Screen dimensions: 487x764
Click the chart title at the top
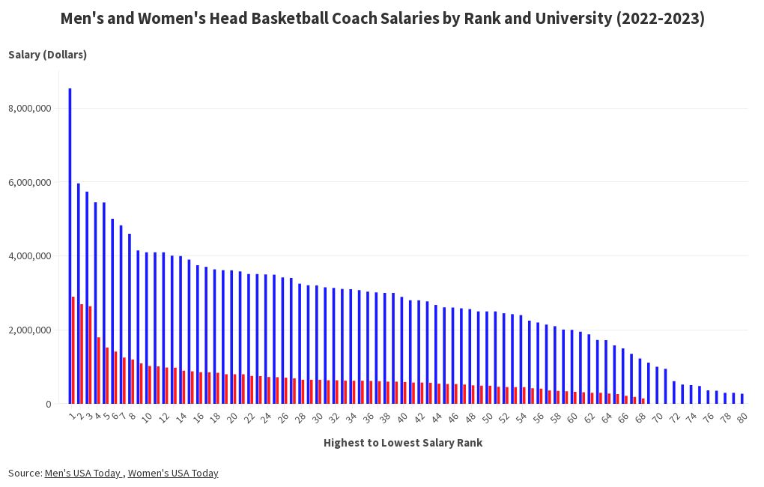point(382,19)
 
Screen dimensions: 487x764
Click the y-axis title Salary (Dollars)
point(47,55)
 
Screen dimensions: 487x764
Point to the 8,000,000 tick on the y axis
point(30,109)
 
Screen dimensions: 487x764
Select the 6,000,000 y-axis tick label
point(30,182)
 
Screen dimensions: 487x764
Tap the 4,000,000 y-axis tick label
point(30,256)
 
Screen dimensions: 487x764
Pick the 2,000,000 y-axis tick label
point(30,330)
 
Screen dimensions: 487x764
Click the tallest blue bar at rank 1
point(70,247)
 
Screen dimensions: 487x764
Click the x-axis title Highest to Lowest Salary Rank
point(402,443)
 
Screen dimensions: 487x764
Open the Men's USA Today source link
point(84,473)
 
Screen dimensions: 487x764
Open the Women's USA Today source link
point(173,473)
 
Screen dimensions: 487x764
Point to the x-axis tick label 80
point(742,418)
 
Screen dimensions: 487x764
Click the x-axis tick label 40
point(402,418)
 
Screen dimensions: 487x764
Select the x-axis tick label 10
point(147,418)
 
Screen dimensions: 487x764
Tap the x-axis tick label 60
point(572,418)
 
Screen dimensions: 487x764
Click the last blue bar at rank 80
point(742,399)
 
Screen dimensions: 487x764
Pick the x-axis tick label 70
point(657,418)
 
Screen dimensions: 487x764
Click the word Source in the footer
point(24,473)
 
